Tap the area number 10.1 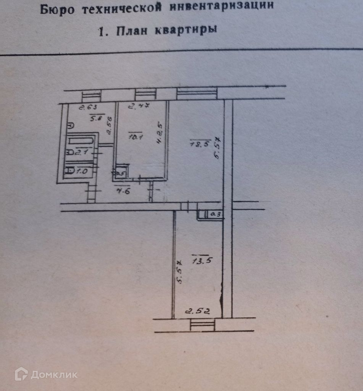tap(135, 136)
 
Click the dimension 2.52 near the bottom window tap(198, 311)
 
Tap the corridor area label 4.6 tap(123, 191)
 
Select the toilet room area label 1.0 tap(82, 171)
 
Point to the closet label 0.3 tap(216, 215)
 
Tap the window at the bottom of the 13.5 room tap(202, 325)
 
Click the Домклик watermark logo tap(46, 374)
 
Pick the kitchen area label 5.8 tap(95, 119)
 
